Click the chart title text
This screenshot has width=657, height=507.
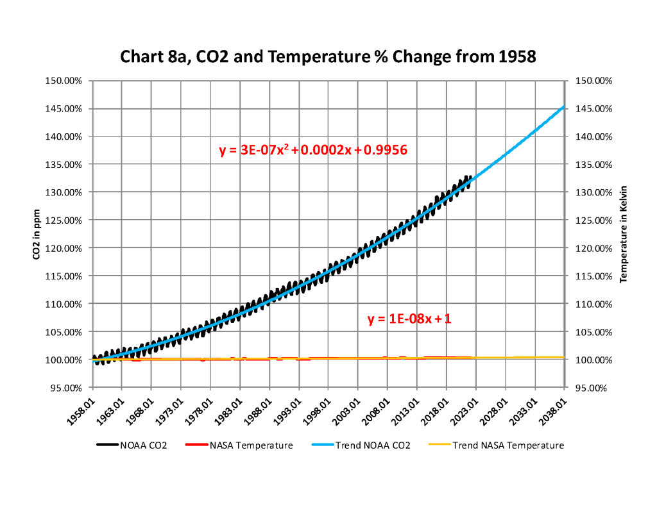tap(328, 57)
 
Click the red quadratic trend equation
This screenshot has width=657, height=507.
tap(314, 151)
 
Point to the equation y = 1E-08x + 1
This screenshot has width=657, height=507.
tap(409, 319)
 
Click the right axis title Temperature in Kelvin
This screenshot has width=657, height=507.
tap(622, 234)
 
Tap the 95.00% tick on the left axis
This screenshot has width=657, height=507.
tap(67, 388)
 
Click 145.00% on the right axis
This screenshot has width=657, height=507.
tap(594, 108)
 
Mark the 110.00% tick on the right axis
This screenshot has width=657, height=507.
tap(594, 304)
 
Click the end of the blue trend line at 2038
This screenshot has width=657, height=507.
tap(564, 106)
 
